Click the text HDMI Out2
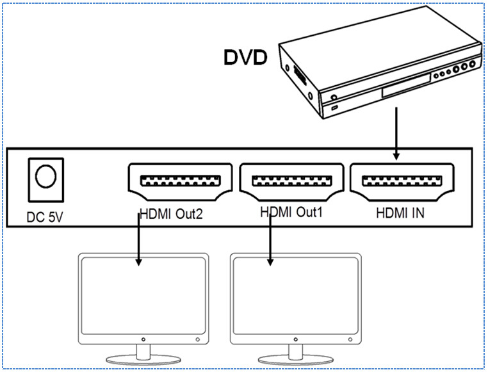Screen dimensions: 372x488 tap(172, 214)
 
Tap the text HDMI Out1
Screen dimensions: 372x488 tap(291, 211)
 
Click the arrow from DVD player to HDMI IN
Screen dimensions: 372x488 tap(396, 134)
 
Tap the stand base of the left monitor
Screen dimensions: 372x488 tap(143, 357)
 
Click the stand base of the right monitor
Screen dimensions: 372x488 tap(297, 357)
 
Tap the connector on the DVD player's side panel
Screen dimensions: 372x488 tap(299, 76)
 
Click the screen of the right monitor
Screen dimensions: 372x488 tap(297, 294)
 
